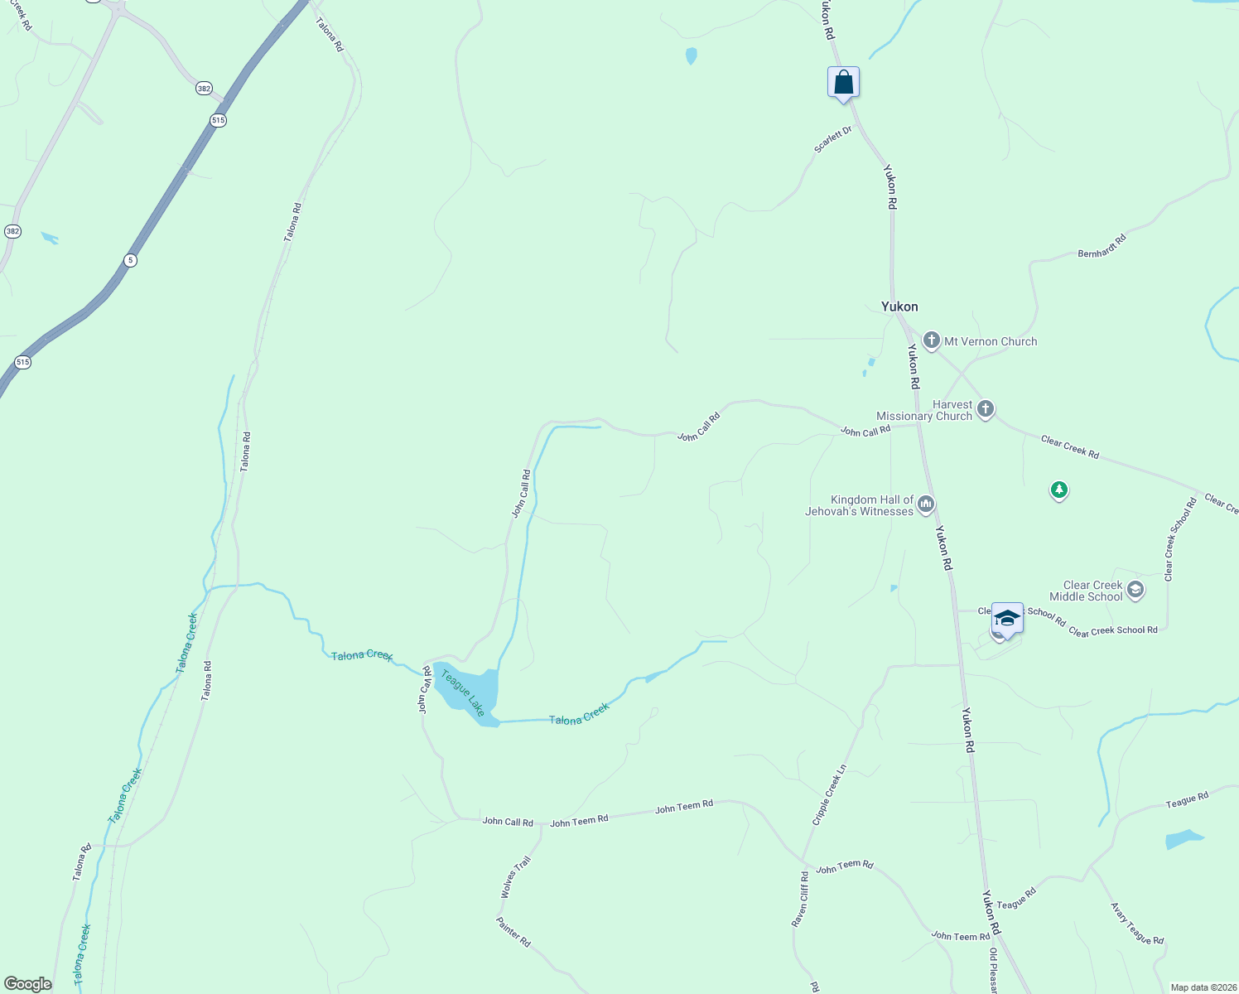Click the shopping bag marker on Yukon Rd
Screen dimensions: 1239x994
pos(843,84)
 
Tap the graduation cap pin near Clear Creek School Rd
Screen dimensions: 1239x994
pos(1007,620)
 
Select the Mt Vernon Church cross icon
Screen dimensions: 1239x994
pos(932,340)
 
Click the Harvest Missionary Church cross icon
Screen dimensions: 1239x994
pos(985,408)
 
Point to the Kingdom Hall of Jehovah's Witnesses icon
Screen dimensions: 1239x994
pos(926,504)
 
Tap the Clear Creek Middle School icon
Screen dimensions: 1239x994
pos(1135,590)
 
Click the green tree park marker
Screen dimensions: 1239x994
pos(1058,490)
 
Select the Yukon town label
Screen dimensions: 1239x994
pos(899,306)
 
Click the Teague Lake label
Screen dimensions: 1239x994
pos(462,692)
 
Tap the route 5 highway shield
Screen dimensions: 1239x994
pos(131,260)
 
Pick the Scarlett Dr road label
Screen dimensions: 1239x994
pos(832,139)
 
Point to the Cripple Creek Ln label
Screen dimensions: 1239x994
pos(829,794)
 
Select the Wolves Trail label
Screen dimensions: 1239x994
pos(515,878)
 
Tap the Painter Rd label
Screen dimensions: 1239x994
pos(513,932)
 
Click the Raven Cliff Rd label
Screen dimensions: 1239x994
pos(799,899)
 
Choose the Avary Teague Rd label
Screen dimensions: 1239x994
pos(1137,924)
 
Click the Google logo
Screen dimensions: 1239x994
pos(28,984)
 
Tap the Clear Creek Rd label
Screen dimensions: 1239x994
pos(1069,447)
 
